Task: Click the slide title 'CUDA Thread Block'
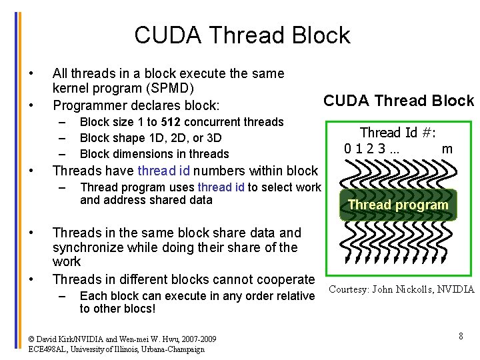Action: tap(242, 35)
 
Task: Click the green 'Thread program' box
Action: tap(398, 205)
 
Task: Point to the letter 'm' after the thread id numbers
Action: tap(447, 148)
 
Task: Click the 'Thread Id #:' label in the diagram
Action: tap(398, 132)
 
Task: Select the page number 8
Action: tap(461, 336)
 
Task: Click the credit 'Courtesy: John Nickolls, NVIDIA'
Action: tap(401, 289)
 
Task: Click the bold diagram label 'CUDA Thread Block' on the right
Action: tap(398, 101)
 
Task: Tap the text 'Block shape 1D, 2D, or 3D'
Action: tap(151, 138)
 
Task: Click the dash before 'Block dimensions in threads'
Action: tap(62, 154)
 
